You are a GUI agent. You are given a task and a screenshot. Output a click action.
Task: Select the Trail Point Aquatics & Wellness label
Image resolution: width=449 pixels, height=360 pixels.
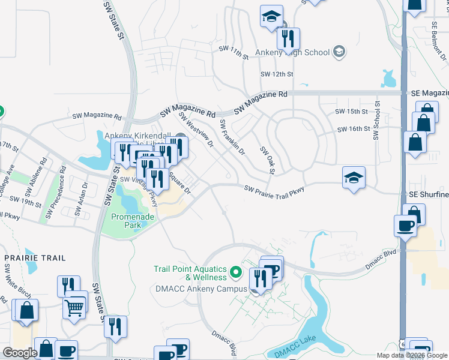pyautogui.click(x=190, y=274)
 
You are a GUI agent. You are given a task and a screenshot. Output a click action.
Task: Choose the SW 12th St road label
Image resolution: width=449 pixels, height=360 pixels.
pyautogui.click(x=277, y=74)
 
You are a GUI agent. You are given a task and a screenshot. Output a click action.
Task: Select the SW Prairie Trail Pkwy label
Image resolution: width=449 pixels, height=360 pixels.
pyautogui.click(x=274, y=190)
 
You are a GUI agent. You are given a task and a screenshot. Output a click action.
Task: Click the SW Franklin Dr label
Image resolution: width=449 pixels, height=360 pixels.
pyautogui.click(x=232, y=137)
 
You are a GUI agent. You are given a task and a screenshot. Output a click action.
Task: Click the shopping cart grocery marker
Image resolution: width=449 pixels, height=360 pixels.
pyautogui.click(x=74, y=308)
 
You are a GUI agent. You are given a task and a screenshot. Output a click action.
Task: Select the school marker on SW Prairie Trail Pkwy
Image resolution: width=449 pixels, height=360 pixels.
pyautogui.click(x=354, y=178)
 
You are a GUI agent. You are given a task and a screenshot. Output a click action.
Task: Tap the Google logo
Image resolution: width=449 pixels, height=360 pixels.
pyautogui.click(x=20, y=353)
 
